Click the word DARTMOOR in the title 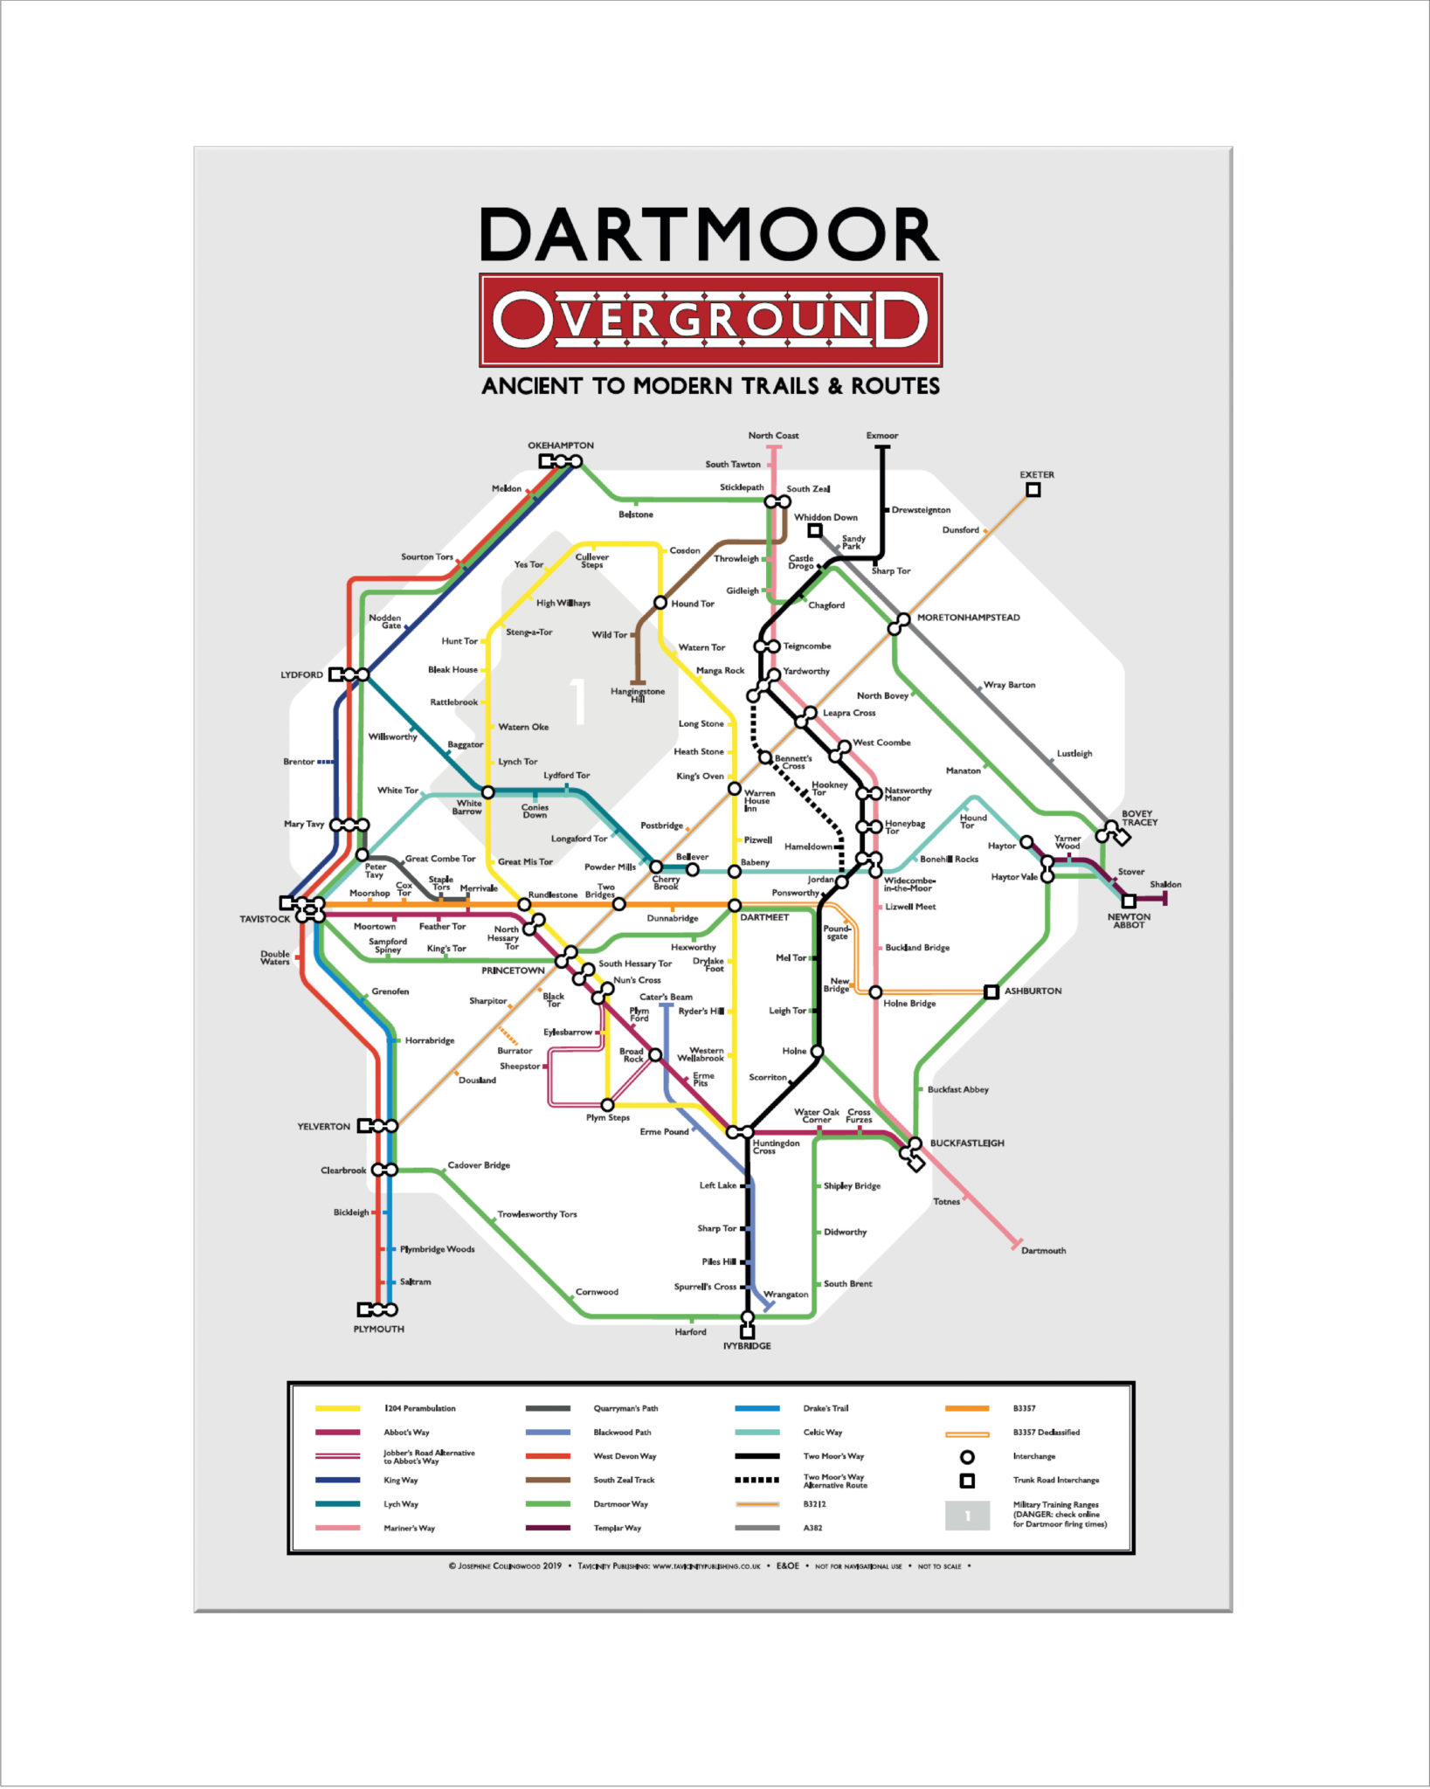click(709, 236)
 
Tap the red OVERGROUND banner click(709, 320)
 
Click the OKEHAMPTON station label click(560, 446)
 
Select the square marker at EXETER click(1033, 490)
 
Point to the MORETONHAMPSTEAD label click(968, 618)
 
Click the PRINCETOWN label click(513, 970)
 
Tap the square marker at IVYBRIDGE click(747, 1332)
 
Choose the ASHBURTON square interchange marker click(991, 991)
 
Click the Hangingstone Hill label click(638, 695)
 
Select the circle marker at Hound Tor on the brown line click(660, 603)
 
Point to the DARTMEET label click(764, 917)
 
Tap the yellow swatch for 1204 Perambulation click(337, 1408)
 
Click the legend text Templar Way click(617, 1528)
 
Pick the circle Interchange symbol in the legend click(967, 1457)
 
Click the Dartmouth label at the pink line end click(1043, 1251)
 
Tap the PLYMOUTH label click(378, 1329)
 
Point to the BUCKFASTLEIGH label click(966, 1143)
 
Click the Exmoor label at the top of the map click(881, 435)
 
